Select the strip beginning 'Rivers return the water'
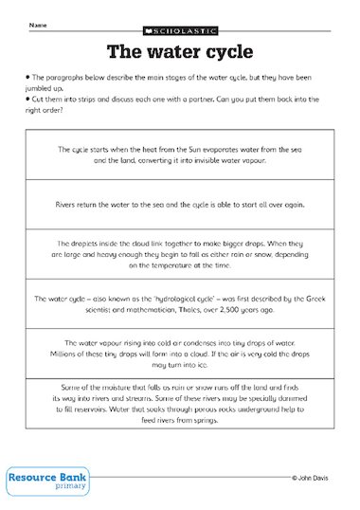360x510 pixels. [x=179, y=202]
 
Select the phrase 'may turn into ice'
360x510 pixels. [x=179, y=364]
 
